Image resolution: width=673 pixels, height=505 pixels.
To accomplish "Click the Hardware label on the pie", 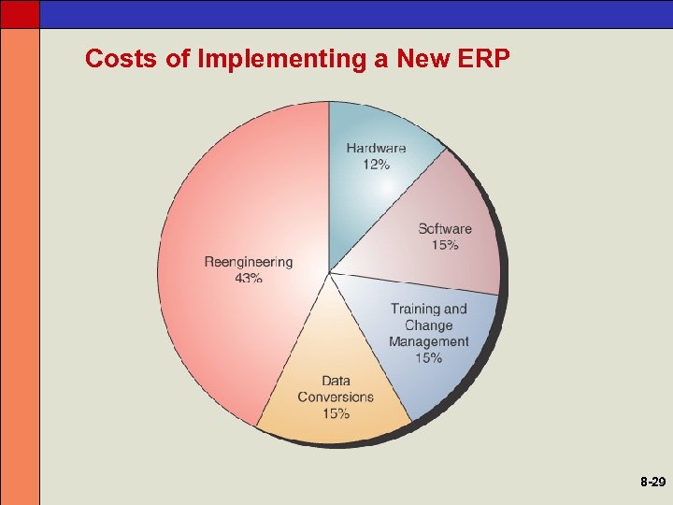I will point(376,148).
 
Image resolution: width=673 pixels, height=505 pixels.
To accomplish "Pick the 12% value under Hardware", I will point(376,165).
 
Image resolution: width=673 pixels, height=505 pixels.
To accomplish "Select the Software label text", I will point(445,229).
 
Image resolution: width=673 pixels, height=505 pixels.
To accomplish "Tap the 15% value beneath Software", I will point(445,246).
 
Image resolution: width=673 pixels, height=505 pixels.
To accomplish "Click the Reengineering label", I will point(249,262).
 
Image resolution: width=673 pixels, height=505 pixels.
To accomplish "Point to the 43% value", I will point(249,279).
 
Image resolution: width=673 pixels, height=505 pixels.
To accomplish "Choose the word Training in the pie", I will point(415,309).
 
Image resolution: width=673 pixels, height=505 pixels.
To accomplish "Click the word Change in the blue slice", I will point(428,325).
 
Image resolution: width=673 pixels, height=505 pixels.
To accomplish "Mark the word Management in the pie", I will point(428,342).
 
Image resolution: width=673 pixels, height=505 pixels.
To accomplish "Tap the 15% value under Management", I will point(428,359).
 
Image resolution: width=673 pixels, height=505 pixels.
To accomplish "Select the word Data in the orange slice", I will point(336,381).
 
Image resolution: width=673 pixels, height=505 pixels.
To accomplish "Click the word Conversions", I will point(336,397).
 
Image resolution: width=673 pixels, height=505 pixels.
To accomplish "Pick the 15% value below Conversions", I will point(336,413).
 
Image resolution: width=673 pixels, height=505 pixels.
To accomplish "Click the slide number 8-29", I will point(652,483).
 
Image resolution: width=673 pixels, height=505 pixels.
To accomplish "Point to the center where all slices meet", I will point(329,273).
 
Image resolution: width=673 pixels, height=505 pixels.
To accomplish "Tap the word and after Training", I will point(455,309).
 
